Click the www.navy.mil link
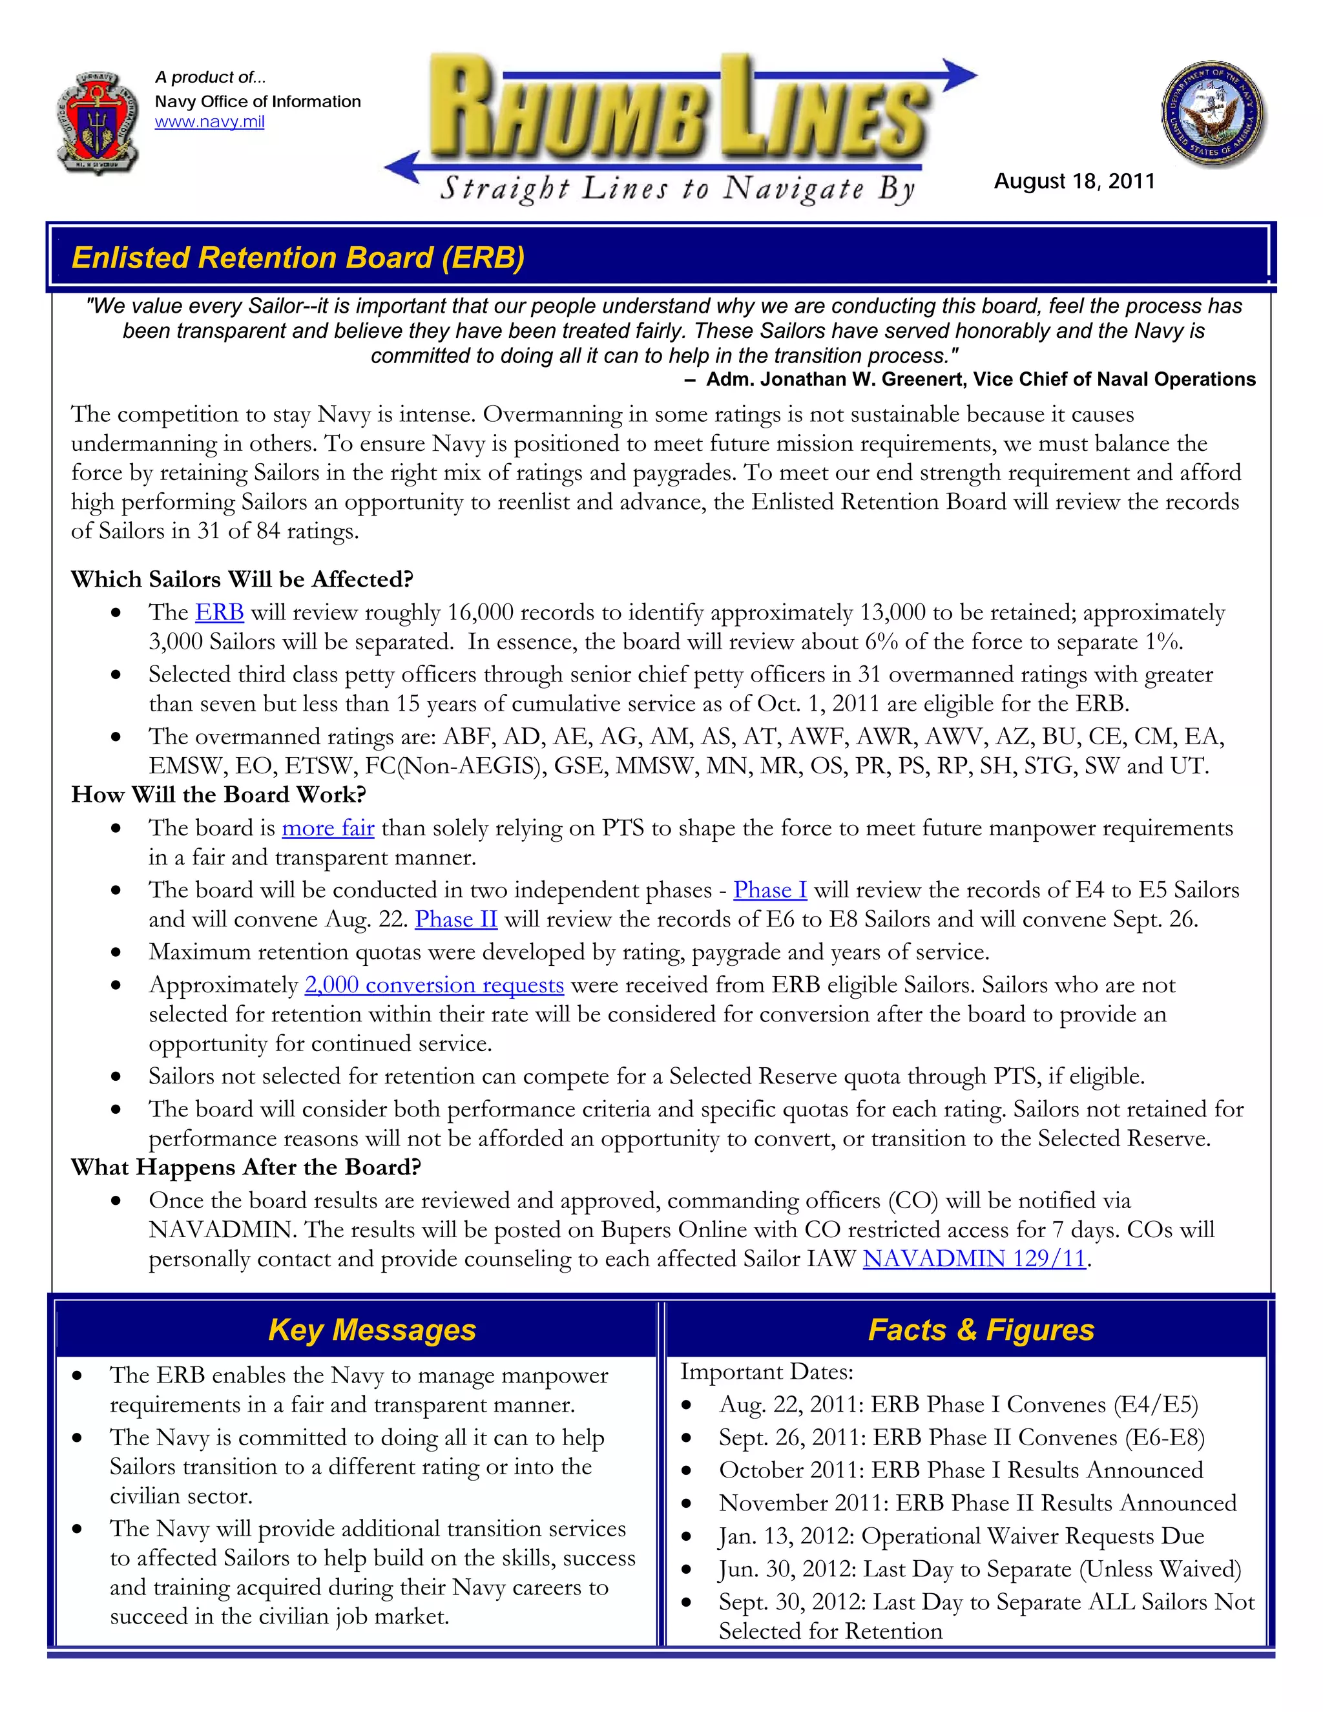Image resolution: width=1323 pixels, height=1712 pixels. [x=209, y=122]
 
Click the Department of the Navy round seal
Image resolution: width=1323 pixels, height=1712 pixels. [x=1213, y=114]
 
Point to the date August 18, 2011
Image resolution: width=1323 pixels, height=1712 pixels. [x=1074, y=181]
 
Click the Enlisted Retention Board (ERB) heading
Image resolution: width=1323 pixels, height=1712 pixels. [x=298, y=258]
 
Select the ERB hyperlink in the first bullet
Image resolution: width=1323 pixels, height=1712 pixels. [x=220, y=612]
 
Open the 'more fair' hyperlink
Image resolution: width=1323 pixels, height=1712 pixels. [x=328, y=828]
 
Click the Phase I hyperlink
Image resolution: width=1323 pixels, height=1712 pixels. [x=769, y=890]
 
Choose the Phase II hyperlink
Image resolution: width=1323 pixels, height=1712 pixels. [x=456, y=919]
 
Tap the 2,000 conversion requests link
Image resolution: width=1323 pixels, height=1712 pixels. [x=434, y=985]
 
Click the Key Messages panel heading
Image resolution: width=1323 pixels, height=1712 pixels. [x=371, y=1330]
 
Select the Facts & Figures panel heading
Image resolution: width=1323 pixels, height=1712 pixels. [x=981, y=1330]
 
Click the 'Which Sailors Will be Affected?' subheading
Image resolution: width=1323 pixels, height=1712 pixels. [x=242, y=579]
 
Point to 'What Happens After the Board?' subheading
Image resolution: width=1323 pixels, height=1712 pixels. [x=246, y=1167]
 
